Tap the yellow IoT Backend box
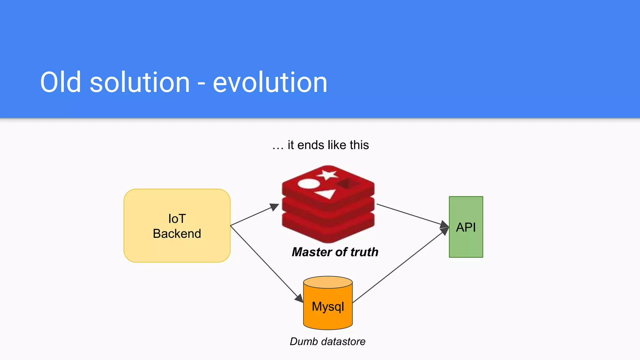177,247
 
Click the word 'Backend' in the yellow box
177,234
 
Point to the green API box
466,244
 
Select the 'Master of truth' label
335,252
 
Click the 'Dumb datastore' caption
327,341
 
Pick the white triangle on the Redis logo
326,194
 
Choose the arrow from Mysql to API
400,266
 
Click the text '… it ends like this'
321,145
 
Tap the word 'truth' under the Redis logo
364,252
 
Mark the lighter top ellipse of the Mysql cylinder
328,282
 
